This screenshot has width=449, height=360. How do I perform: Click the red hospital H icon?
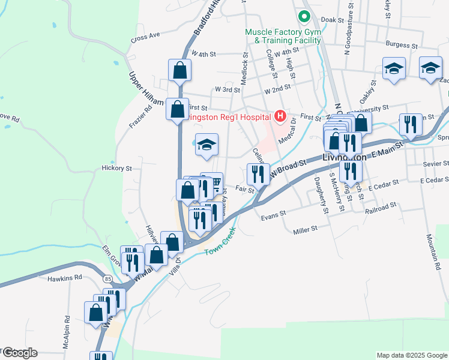pos(280,115)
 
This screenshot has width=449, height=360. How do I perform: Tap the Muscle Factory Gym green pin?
pos(304,16)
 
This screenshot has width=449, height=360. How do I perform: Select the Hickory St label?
pos(116,169)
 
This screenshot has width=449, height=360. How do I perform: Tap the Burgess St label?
pos(402,44)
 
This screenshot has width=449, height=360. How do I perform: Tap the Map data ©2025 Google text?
pos(411,355)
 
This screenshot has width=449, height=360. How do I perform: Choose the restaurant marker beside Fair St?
pos(257,174)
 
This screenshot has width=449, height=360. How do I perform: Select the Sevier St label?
pos(435,163)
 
